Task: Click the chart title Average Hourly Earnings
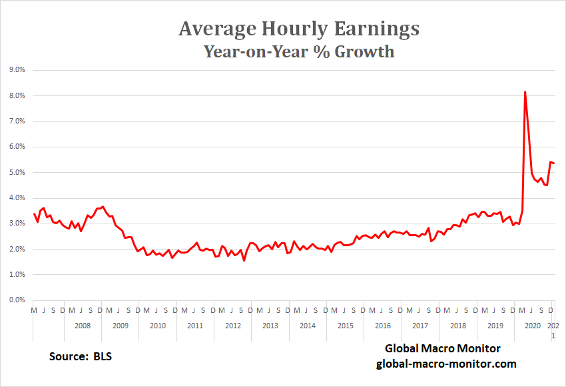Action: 299,29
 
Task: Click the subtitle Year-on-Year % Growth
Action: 299,51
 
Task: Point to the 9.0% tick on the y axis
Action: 16,70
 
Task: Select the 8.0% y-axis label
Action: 16,96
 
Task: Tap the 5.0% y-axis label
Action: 16,173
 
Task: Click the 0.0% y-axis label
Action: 16,300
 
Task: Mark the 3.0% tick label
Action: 16,224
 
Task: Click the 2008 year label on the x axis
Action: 82,326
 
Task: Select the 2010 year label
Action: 157,326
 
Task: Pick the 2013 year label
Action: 270,326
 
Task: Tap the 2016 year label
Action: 382,326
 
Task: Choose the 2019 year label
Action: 495,326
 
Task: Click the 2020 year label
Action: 533,326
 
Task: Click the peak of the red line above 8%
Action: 525,92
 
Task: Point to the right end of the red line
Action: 555,163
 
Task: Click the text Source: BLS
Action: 81,356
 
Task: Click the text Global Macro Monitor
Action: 442,349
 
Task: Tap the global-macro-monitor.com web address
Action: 446,364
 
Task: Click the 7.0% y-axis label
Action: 16,121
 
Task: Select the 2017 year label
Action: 420,326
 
